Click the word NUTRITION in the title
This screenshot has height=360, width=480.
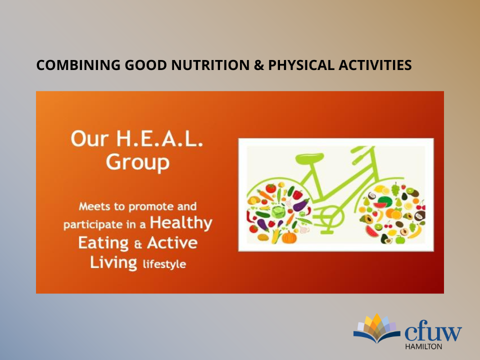pos(210,65)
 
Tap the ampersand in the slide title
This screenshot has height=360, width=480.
pos(258,65)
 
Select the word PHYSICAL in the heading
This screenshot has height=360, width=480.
pos(301,65)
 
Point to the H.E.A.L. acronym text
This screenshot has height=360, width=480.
pos(159,138)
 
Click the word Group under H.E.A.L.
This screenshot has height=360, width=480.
pos(138,162)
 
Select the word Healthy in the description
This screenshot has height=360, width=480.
pos(181,223)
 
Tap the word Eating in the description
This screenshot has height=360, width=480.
pos(103,243)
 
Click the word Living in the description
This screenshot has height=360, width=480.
pos(113,263)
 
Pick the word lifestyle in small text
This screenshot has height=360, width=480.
pos(164,264)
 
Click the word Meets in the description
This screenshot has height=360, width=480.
pos(94,206)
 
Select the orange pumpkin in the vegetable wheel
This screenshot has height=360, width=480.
pos(289,237)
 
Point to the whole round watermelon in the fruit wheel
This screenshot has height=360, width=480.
pos(385,202)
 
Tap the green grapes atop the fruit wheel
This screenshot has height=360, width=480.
pos(395,189)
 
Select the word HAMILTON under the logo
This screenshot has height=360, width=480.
pos(423,346)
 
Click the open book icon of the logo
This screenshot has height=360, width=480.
pos(376,328)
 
